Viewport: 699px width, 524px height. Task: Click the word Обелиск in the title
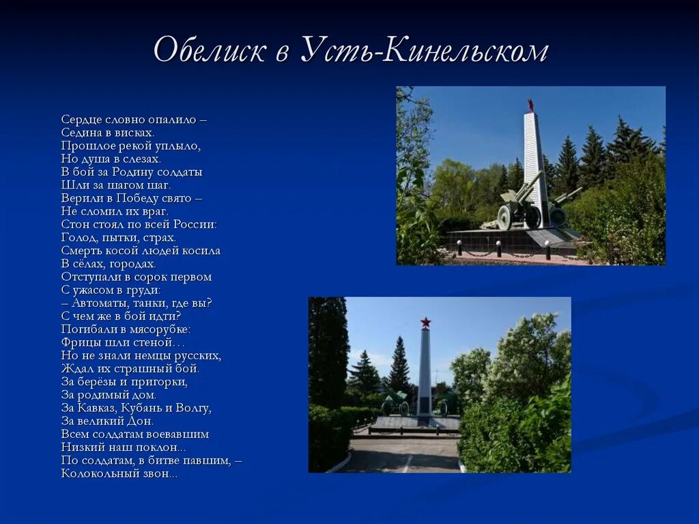(x=210, y=51)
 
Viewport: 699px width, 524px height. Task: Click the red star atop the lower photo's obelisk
(x=425, y=322)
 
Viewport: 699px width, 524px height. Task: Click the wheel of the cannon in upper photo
(x=504, y=217)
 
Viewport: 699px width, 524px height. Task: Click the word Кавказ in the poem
(x=96, y=408)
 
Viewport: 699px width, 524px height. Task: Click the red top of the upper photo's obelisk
(x=530, y=106)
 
